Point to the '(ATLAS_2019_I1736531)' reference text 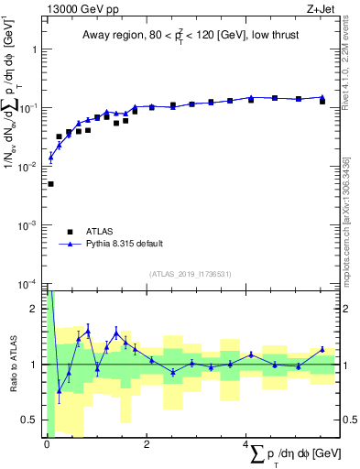pos(191,273)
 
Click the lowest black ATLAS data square pos(50,184)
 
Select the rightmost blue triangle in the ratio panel pos(322,349)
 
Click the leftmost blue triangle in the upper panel pos(50,158)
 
